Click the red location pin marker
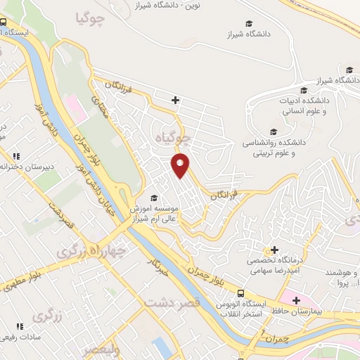click(x=181, y=165)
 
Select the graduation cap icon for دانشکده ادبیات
click(x=304, y=90)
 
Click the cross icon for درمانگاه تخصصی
click(x=274, y=250)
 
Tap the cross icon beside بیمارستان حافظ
click(x=297, y=300)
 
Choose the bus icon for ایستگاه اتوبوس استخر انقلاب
click(x=241, y=294)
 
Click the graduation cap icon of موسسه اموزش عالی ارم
click(x=155, y=198)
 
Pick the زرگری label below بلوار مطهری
click(x=67, y=316)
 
